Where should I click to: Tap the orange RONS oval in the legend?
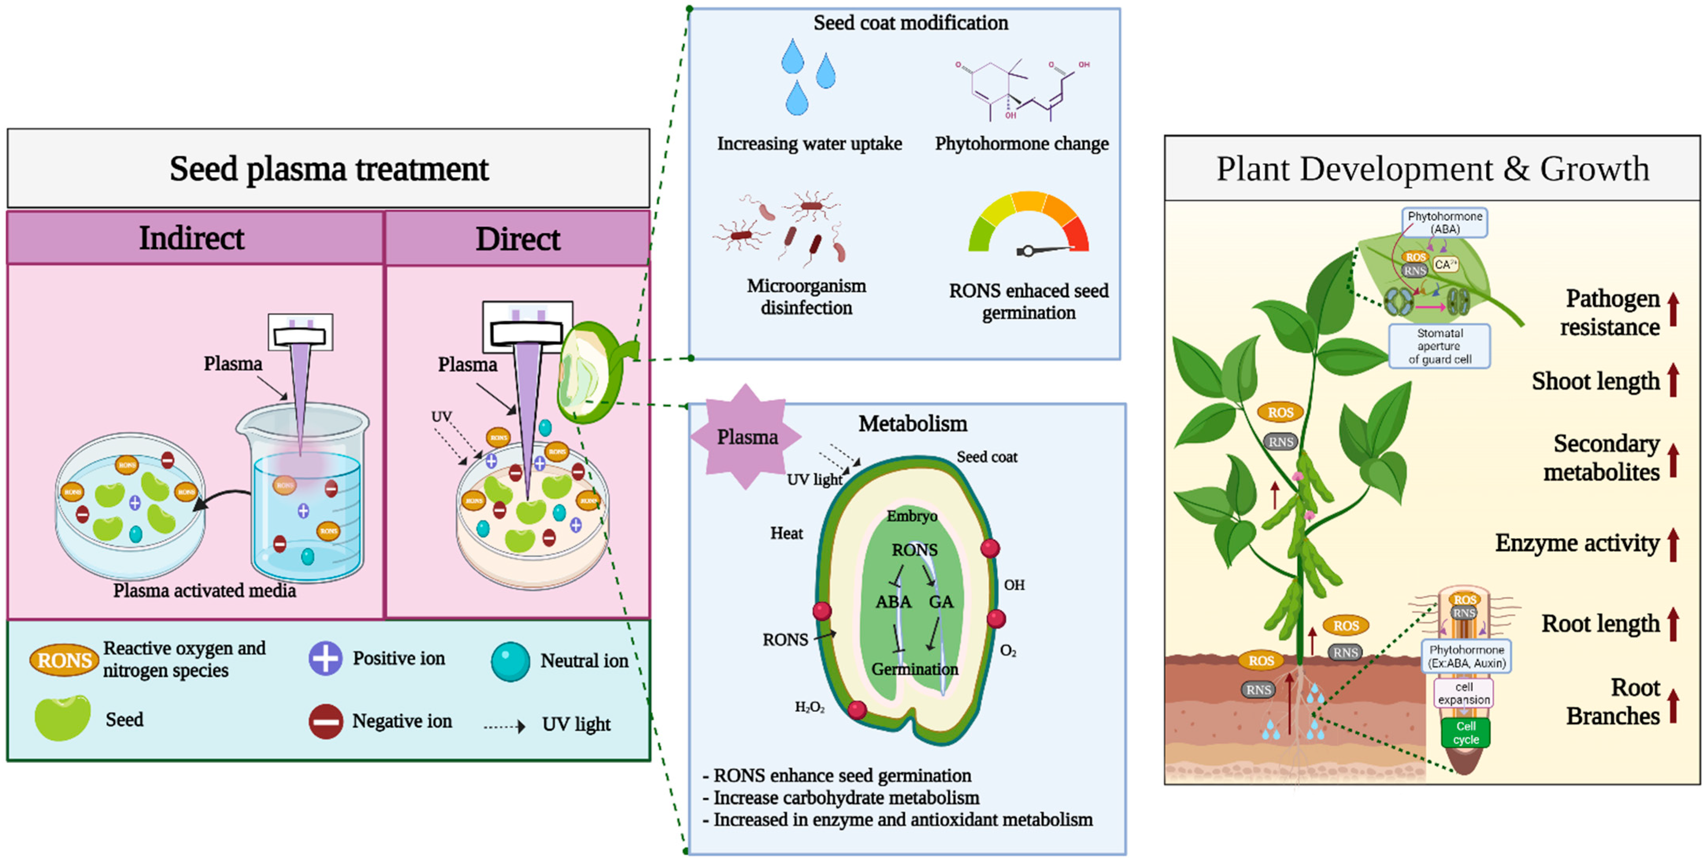click(x=64, y=660)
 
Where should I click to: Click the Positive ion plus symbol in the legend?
click(x=325, y=658)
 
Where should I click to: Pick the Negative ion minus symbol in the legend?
click(x=325, y=721)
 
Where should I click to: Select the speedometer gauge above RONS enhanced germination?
click(x=1029, y=225)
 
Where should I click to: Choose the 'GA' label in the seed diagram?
click(x=940, y=601)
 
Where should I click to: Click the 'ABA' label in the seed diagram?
click(x=894, y=601)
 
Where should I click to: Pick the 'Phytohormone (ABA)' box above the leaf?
click(x=1444, y=222)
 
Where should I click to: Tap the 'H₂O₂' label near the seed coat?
click(x=809, y=707)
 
